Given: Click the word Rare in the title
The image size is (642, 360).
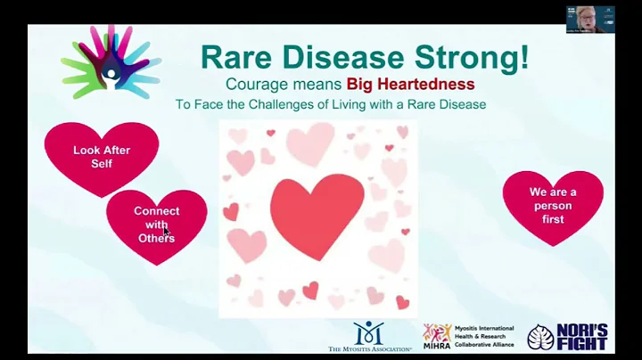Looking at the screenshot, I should click(234, 57).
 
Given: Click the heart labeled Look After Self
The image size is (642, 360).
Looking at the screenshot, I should click(102, 157).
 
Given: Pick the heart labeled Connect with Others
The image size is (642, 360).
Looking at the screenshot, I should click(156, 225).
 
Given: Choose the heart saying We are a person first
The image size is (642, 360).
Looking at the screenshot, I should click(552, 206).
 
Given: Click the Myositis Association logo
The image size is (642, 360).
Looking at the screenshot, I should click(368, 337).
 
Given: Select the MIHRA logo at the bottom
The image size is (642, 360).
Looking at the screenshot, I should click(437, 337).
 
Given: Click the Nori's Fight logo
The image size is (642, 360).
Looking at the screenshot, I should click(568, 337).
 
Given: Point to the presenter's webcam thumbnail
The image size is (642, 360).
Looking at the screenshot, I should click(589, 19).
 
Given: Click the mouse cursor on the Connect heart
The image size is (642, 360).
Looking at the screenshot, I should click(166, 231).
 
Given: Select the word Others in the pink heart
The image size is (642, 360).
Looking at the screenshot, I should click(156, 238).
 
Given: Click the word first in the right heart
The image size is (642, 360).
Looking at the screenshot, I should click(552, 219).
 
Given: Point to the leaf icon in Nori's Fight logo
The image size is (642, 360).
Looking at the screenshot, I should click(540, 337).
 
